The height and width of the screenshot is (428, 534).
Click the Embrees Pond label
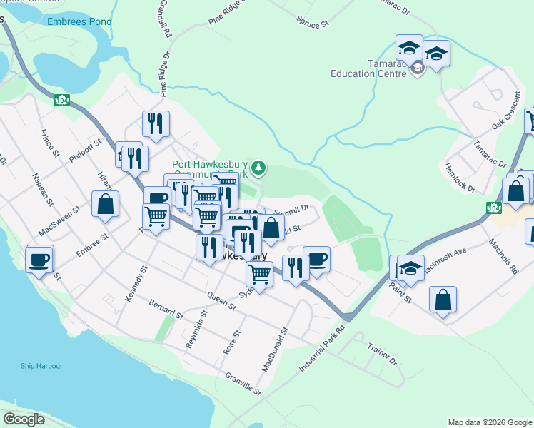pyautogui.click(x=79, y=21)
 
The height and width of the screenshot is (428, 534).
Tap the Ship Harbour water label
pyautogui.click(x=41, y=366)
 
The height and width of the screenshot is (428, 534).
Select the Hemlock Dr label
pyautogui.click(x=459, y=176)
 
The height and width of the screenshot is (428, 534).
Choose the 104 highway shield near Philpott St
pyautogui.click(x=62, y=99)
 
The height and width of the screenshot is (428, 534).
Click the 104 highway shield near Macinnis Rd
pyautogui.click(x=493, y=208)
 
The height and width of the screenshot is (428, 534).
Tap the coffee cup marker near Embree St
pyautogui.click(x=40, y=259)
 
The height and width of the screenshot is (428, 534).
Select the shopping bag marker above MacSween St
pyautogui.click(x=105, y=203)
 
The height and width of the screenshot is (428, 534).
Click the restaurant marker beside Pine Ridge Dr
pyautogui.click(x=155, y=124)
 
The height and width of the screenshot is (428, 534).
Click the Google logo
pyautogui.click(x=24, y=419)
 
